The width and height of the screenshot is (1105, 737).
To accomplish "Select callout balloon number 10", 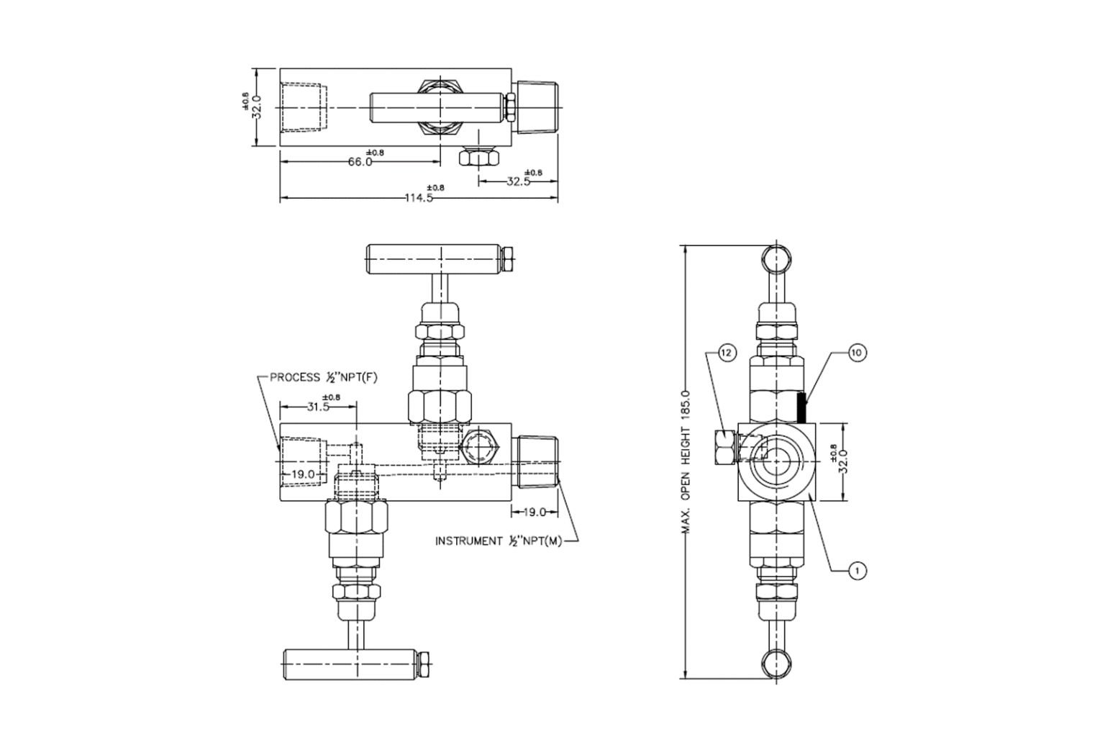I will click(857, 353).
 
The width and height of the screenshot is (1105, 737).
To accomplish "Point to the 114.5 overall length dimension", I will click(419, 198).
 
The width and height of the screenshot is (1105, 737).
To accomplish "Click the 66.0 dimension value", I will click(360, 162).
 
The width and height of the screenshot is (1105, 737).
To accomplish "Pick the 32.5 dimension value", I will click(519, 181).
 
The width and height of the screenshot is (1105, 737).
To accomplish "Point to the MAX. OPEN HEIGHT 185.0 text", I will click(686, 461).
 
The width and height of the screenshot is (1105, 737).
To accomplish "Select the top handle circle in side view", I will click(778, 258).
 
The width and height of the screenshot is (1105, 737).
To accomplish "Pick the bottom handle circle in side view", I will click(778, 664).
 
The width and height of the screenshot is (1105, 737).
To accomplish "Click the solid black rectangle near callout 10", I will click(801, 407).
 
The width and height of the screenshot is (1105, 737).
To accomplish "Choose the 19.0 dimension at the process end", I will click(302, 474).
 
